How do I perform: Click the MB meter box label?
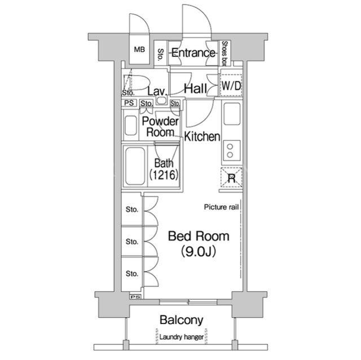pyautogui.click(x=139, y=50)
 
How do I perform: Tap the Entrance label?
pyautogui.click(x=193, y=53)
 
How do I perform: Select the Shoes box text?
pyautogui.click(x=224, y=54)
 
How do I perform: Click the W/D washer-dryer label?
pyautogui.click(x=231, y=86)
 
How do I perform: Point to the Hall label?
pyautogui.click(x=196, y=88)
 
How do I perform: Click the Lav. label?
pyautogui.click(x=157, y=91)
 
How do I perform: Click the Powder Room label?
pyautogui.click(x=160, y=127)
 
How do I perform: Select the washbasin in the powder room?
pyautogui.click(x=130, y=126)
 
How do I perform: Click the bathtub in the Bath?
pyautogui.click(x=135, y=166)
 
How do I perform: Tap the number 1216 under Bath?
pyautogui.click(x=164, y=175)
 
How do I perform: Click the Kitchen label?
pyautogui.click(x=202, y=136)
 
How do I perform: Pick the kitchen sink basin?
pyautogui.click(x=232, y=114)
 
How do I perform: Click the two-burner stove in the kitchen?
pyautogui.click(x=231, y=150)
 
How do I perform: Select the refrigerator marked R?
pyautogui.click(x=231, y=177)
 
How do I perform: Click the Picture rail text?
pyautogui.click(x=221, y=207)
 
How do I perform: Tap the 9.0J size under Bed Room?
pyautogui.click(x=199, y=251)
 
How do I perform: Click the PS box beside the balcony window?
pyautogui.click(x=135, y=297)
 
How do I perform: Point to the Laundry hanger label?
pyautogui.click(x=182, y=337)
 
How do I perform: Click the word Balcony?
pyautogui.click(x=182, y=320)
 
